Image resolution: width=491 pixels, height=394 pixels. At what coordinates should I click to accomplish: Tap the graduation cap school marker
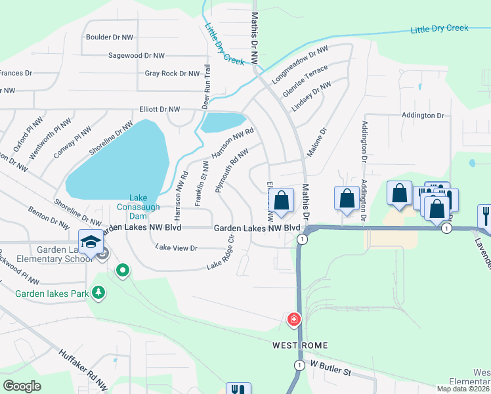click(91, 241)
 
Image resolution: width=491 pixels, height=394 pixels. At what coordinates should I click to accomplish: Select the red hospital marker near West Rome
click(294, 320)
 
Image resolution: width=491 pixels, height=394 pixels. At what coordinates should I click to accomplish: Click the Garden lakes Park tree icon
click(98, 292)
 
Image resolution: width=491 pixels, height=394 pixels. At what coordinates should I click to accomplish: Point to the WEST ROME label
click(300, 345)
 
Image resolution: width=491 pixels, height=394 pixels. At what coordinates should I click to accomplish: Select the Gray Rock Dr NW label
click(172, 74)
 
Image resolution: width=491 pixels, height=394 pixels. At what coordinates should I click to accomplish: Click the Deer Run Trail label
click(207, 86)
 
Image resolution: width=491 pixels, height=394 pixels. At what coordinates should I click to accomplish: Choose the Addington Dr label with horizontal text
click(422, 116)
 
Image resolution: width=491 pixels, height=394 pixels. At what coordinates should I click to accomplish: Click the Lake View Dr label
click(176, 248)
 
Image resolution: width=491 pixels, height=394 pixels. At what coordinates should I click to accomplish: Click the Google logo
click(22, 386)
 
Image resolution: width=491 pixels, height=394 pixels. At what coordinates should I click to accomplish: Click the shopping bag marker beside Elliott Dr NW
click(282, 201)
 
